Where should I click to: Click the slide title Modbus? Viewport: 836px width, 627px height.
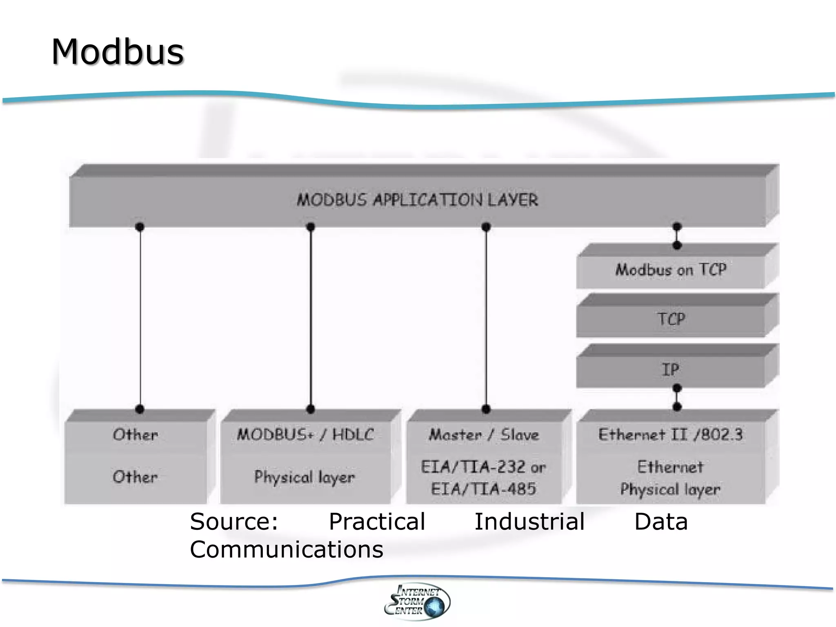point(118,52)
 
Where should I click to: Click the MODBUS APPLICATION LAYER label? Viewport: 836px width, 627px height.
point(417,200)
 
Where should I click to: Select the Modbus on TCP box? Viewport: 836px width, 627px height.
point(671,270)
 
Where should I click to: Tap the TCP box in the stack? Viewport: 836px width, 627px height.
point(671,319)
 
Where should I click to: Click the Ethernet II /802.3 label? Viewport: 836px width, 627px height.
point(670,434)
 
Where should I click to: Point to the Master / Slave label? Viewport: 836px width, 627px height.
point(484,434)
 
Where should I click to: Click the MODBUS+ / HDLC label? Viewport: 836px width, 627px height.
point(305,434)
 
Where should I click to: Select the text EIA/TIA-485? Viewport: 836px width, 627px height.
point(483,489)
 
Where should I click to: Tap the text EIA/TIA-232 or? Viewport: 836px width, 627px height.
point(483,467)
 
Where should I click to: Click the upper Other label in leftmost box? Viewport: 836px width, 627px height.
point(135,434)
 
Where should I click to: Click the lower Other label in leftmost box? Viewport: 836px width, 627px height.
point(135,477)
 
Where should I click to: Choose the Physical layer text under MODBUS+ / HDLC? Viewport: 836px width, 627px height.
point(305,477)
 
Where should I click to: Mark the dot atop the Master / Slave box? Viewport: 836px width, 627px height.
point(486,409)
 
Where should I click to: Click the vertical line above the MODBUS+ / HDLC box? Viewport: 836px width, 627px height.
point(311,318)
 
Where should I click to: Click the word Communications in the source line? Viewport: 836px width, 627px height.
point(287,549)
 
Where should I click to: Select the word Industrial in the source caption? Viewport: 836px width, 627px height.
point(529,522)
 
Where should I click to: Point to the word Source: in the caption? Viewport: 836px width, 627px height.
point(234,522)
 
